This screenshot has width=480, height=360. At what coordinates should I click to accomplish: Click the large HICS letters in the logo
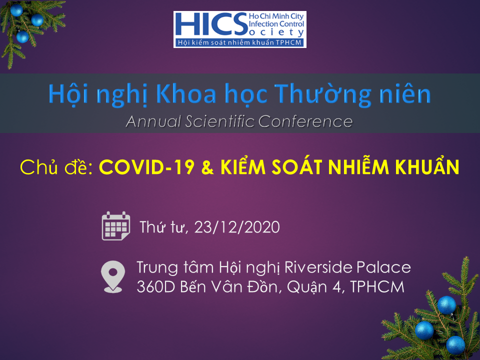(211, 24)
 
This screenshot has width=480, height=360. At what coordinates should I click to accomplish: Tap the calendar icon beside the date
(116, 226)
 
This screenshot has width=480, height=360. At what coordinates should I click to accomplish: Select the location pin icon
(113, 276)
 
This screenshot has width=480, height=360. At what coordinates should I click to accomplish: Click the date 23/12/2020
(237, 227)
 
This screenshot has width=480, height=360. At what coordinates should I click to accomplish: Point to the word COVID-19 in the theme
(146, 167)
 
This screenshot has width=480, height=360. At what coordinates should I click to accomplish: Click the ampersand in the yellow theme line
(207, 168)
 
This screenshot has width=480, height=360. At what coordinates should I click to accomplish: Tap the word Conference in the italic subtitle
(305, 121)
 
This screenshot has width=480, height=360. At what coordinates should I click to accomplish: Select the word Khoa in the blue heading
(186, 94)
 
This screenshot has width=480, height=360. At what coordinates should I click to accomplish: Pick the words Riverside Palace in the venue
(348, 267)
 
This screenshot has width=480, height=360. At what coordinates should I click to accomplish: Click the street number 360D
(156, 287)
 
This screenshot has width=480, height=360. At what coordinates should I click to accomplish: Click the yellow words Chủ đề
(56, 167)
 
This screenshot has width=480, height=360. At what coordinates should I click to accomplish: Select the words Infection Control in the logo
(276, 24)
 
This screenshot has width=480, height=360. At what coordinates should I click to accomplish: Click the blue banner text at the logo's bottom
(240, 42)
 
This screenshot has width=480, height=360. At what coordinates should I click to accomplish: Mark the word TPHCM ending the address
(377, 287)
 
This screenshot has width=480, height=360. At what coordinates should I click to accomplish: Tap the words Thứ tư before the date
(162, 227)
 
